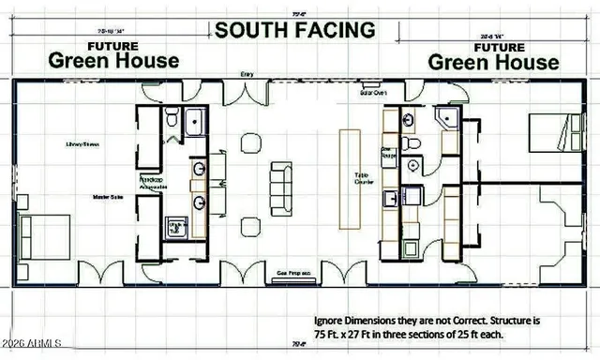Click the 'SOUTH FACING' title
click(295, 28)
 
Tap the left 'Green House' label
click(113, 60)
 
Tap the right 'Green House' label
click(493, 62)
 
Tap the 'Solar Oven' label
click(374, 93)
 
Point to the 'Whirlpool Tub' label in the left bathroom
click(174, 227)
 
